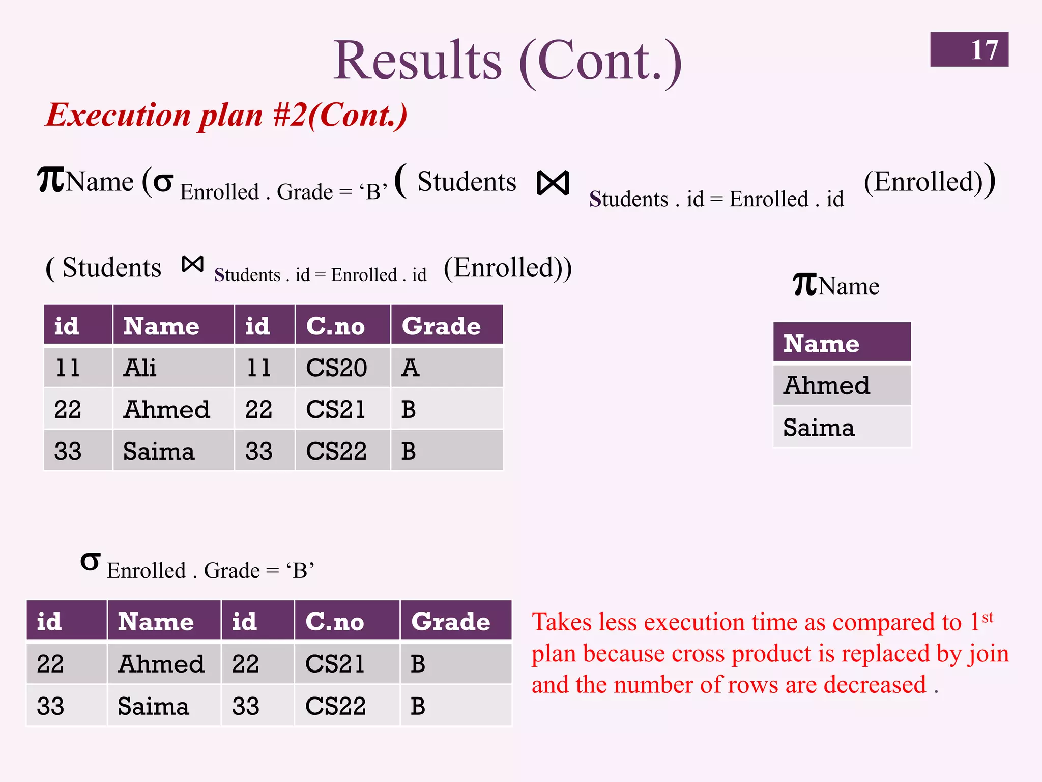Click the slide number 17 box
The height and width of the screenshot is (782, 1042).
point(969,49)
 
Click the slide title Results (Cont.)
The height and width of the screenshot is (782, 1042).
point(507,61)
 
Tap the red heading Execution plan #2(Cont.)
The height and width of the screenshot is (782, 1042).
point(226,115)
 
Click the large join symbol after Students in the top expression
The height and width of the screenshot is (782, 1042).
point(553,183)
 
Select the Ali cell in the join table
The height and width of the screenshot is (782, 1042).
point(140,368)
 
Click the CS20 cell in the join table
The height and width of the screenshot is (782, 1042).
point(336,368)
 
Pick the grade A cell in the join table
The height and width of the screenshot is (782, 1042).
point(410,368)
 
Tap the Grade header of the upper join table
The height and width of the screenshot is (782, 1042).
point(441,326)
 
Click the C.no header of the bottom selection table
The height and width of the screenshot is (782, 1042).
point(335,621)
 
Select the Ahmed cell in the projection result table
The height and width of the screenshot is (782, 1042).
point(827,385)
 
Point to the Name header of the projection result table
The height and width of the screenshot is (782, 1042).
point(821,343)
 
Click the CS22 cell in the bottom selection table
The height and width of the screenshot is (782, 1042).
point(336,706)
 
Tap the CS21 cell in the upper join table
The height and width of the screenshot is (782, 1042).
point(336,409)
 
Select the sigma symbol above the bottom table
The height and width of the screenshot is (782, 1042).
point(90,562)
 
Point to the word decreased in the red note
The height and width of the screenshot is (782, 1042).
point(875,685)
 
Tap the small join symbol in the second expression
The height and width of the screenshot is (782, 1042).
point(193,264)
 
